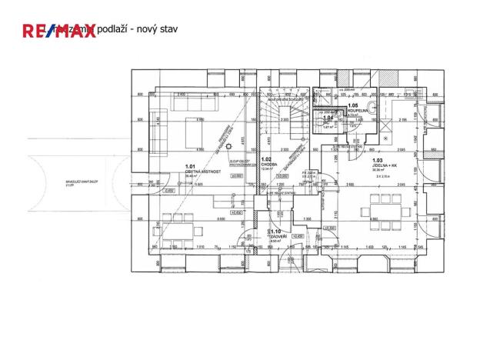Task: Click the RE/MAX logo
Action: [x=58, y=31]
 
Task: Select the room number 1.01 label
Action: [x=191, y=167]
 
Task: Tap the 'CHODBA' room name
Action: [x=270, y=164]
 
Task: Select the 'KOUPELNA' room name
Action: [x=359, y=110]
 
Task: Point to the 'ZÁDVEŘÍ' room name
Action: [x=278, y=236]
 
